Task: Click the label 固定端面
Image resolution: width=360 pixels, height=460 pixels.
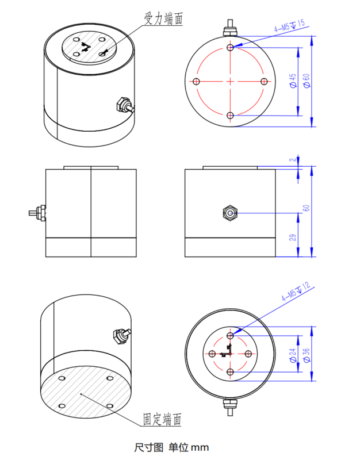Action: (162, 420)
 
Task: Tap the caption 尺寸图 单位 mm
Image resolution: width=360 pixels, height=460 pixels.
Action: (171, 447)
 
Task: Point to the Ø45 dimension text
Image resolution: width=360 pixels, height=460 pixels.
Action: (293, 81)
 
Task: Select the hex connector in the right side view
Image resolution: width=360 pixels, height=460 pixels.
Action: (229, 213)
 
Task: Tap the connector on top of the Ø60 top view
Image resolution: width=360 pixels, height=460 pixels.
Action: (230, 28)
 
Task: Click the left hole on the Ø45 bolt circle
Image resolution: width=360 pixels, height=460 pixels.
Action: (196, 82)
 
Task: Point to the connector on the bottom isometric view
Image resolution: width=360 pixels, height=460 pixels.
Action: (122, 335)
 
